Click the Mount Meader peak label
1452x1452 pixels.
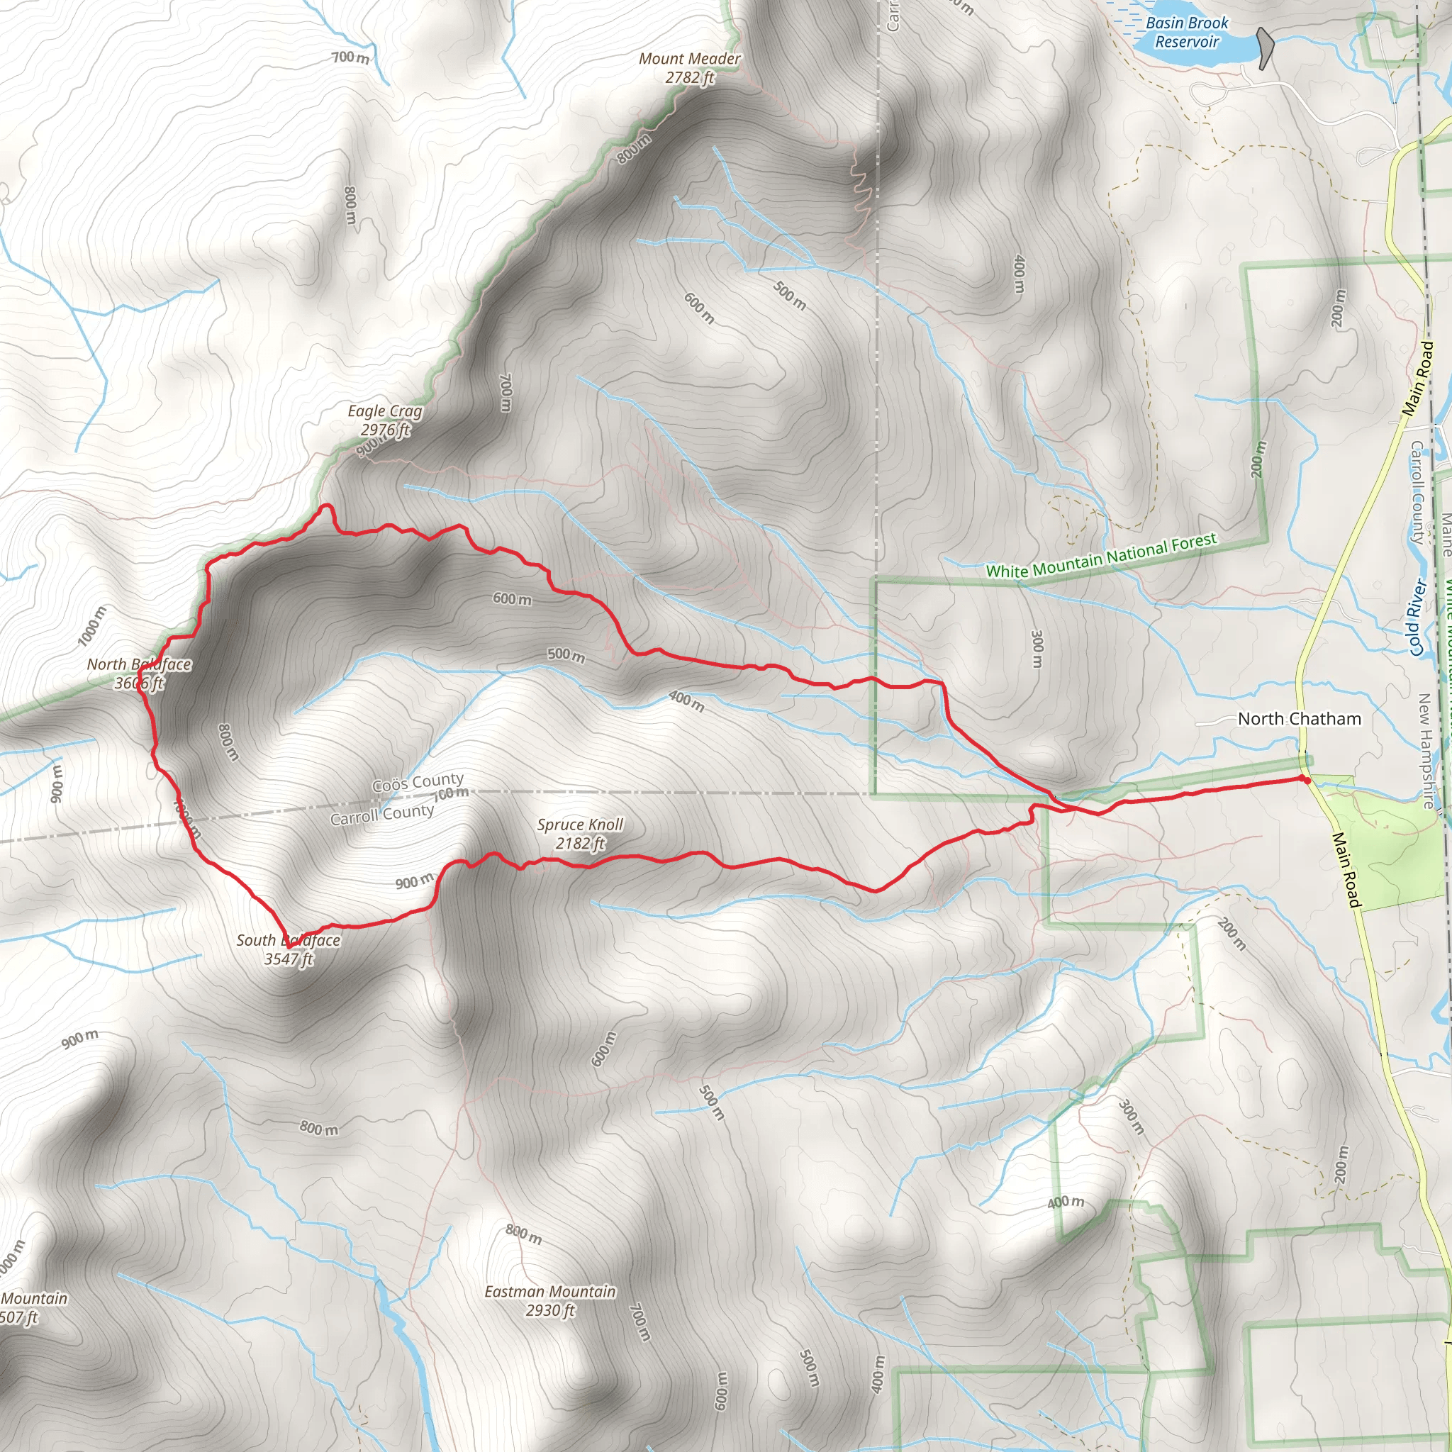tap(689, 59)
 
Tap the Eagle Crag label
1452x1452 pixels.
tap(385, 411)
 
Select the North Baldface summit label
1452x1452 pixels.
tap(139, 664)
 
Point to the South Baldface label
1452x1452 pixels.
tap(289, 940)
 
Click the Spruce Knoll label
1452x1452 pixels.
tap(580, 825)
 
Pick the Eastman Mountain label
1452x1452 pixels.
tap(550, 1291)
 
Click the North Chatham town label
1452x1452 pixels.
tap(1300, 718)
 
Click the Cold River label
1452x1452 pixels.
tap(1417, 617)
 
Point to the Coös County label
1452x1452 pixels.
tap(418, 783)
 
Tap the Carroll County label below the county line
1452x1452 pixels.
tap(382, 814)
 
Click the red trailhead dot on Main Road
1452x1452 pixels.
tap(1307, 780)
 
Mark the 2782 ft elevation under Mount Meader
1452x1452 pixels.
tap(689, 77)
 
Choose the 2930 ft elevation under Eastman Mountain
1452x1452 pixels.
tap(550, 1310)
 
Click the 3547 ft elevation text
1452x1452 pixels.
tap(289, 959)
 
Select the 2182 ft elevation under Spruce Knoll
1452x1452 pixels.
tap(580, 843)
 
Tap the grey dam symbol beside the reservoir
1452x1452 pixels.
tap(1266, 48)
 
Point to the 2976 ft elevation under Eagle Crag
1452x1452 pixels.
tap(385, 430)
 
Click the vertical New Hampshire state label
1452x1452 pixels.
tap(1426, 752)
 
